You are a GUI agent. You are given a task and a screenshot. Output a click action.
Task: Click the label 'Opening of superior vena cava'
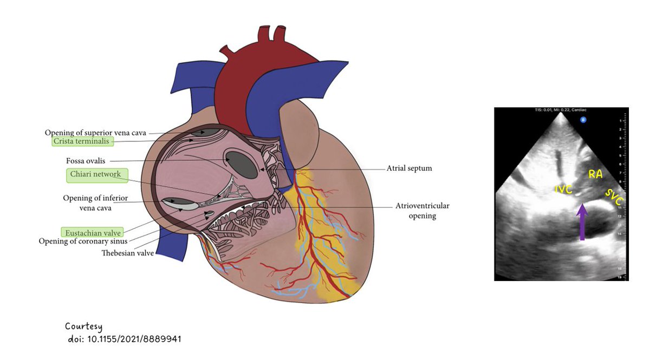95,133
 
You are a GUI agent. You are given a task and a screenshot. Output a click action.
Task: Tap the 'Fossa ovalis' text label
85,161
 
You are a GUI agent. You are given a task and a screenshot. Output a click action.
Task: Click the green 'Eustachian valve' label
90,232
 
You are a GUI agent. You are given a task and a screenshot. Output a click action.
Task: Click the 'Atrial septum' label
409,168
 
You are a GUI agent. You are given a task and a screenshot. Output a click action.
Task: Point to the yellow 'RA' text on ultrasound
595,174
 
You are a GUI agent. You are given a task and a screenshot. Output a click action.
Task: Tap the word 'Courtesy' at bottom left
83,326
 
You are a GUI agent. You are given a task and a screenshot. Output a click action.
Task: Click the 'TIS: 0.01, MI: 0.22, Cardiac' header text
561,110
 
